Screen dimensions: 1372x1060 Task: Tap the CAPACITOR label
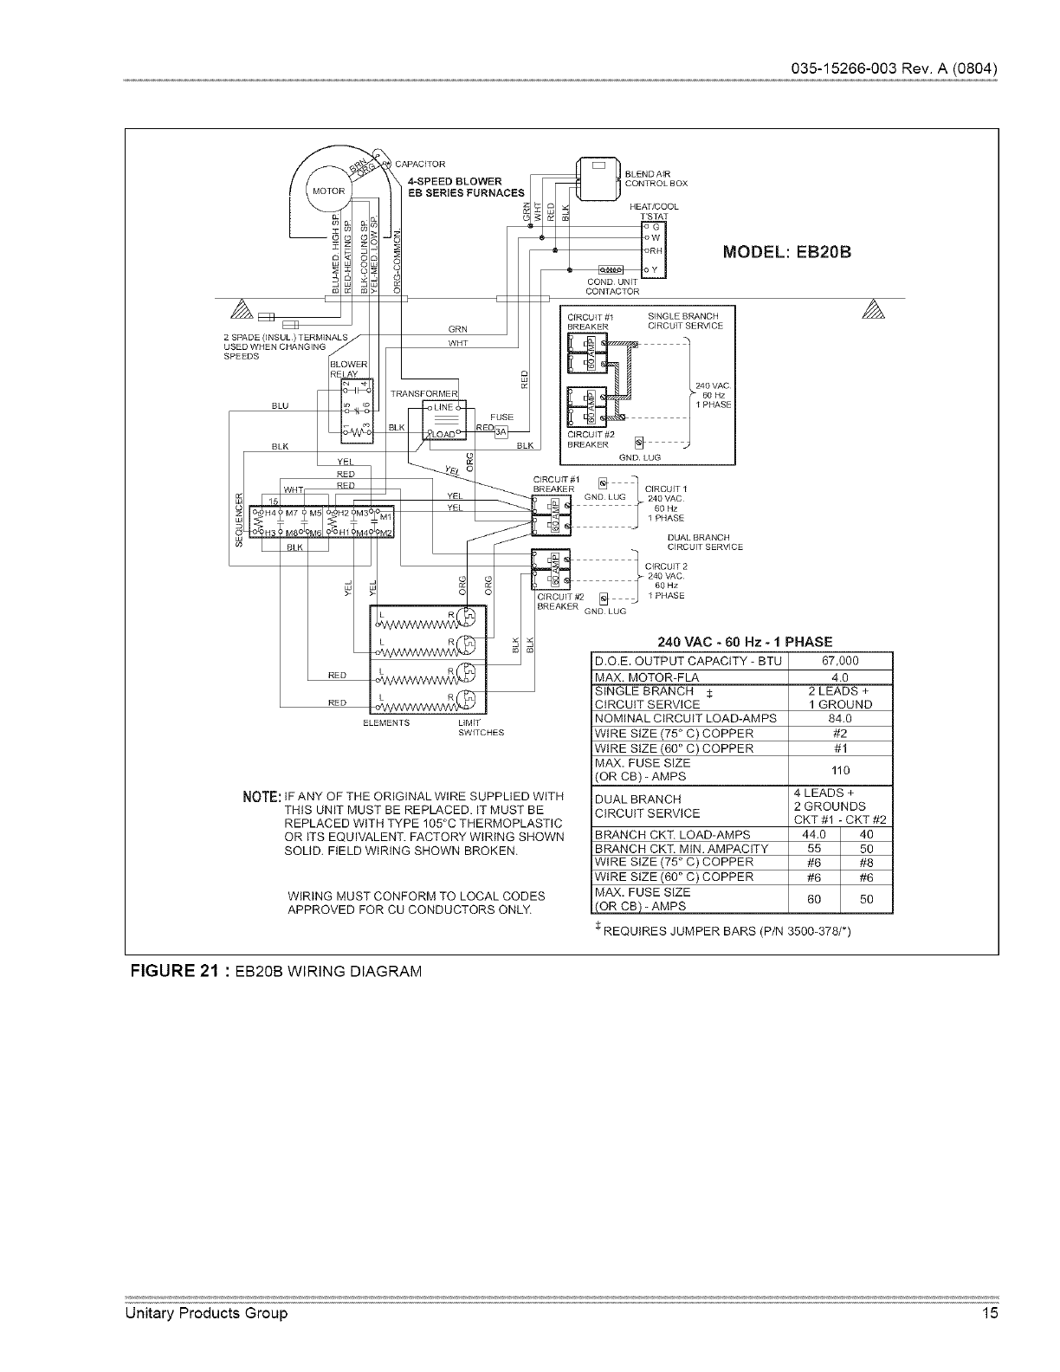[419, 165]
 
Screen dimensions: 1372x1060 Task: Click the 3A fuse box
[500, 434]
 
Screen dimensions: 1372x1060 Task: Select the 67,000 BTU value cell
[839, 661]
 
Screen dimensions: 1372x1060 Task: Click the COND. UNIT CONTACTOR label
[612, 287]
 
